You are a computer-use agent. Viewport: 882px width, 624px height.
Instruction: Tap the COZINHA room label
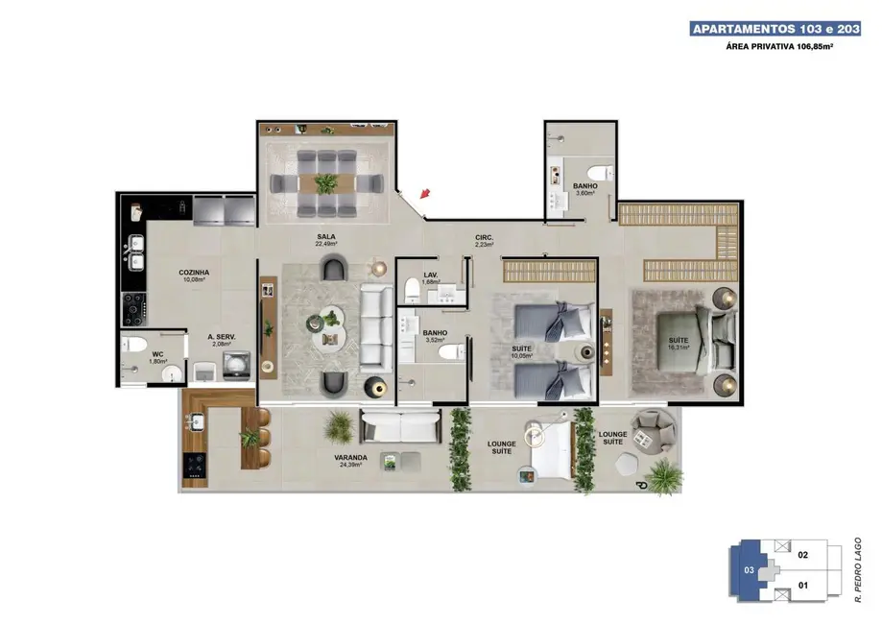(x=193, y=276)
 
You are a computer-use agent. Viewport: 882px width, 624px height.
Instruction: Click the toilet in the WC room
(x=136, y=345)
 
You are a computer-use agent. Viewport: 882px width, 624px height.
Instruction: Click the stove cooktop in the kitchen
(x=132, y=307)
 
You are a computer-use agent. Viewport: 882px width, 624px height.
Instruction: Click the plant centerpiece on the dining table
(x=326, y=181)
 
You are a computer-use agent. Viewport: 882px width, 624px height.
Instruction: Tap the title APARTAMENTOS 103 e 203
(x=775, y=30)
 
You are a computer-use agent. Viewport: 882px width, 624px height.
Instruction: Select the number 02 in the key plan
(x=803, y=554)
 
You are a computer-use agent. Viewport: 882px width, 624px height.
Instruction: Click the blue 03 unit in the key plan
(x=748, y=569)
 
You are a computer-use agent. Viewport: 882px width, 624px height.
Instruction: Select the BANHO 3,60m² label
(x=584, y=189)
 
